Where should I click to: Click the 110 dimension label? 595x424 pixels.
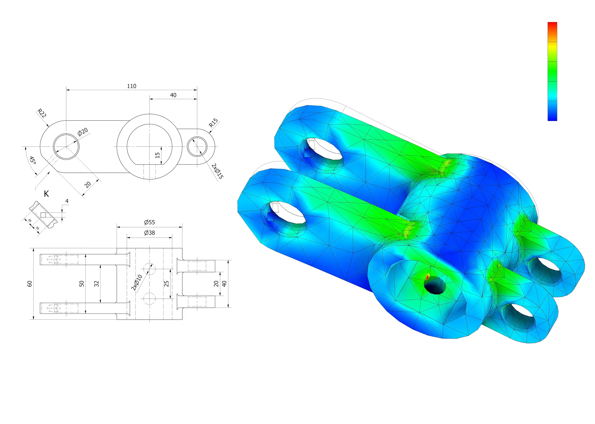tap(132, 86)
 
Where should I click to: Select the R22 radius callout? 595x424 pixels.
tap(42, 113)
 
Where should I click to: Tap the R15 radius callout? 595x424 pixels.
tap(213, 122)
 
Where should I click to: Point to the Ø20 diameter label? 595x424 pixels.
tap(83, 132)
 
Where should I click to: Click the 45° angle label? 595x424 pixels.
tap(32, 160)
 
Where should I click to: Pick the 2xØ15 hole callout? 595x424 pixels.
tap(217, 171)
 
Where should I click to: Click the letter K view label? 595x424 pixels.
tap(46, 194)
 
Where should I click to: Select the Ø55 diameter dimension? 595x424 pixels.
tap(149, 222)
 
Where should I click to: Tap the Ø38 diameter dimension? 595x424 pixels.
tap(149, 233)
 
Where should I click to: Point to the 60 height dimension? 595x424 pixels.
tap(30, 284)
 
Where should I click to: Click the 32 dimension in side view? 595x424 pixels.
tap(96, 284)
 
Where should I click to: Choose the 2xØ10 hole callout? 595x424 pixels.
tap(136, 283)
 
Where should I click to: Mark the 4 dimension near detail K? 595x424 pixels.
tap(67, 201)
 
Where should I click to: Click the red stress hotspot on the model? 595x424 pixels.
tap(427, 276)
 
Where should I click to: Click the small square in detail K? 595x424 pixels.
tap(43, 215)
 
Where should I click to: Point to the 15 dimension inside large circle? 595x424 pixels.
tap(157, 155)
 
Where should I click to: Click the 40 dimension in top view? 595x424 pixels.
tap(173, 95)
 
